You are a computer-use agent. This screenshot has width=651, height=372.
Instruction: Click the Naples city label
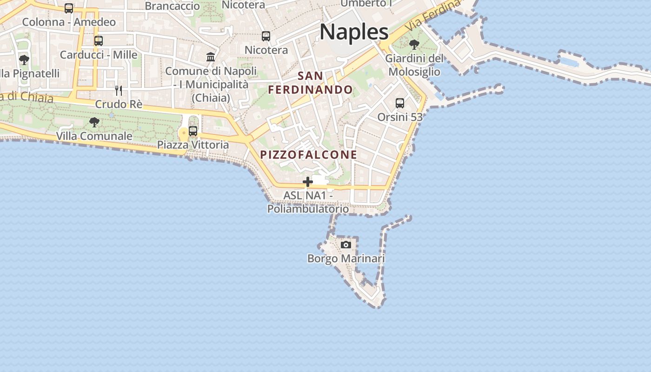point(354,32)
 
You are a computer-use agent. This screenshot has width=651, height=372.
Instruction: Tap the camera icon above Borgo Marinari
point(345,245)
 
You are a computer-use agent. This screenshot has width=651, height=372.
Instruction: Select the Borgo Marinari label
point(346,259)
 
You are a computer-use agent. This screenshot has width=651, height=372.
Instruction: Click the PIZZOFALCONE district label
point(309,155)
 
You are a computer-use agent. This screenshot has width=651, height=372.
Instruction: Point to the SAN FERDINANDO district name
point(311,83)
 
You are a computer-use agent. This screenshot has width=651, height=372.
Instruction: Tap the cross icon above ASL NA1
point(307,182)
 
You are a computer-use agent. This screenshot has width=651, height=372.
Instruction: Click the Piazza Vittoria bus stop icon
point(193,131)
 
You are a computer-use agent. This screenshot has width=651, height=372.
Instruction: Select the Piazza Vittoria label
point(193,145)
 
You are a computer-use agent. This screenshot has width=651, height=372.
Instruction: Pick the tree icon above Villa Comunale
point(94,122)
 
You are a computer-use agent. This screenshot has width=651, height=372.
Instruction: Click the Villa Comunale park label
point(94,136)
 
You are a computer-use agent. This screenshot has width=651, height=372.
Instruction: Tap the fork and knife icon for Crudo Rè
point(119,90)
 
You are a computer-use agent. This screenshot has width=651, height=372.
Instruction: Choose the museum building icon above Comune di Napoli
point(211,57)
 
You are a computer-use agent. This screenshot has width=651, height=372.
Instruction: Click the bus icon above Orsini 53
point(399,103)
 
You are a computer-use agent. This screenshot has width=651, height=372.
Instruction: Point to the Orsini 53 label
point(399,117)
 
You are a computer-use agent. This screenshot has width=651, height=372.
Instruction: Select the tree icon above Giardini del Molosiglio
point(414,45)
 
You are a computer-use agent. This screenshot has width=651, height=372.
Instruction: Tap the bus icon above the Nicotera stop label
point(266,36)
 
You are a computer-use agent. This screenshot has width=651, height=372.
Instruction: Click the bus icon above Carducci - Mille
point(99,41)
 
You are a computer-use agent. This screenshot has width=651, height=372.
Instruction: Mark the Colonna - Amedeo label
point(69,22)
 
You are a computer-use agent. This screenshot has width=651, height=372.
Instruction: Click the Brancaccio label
point(173,6)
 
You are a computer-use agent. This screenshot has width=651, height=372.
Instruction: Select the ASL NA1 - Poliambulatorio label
point(308,202)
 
